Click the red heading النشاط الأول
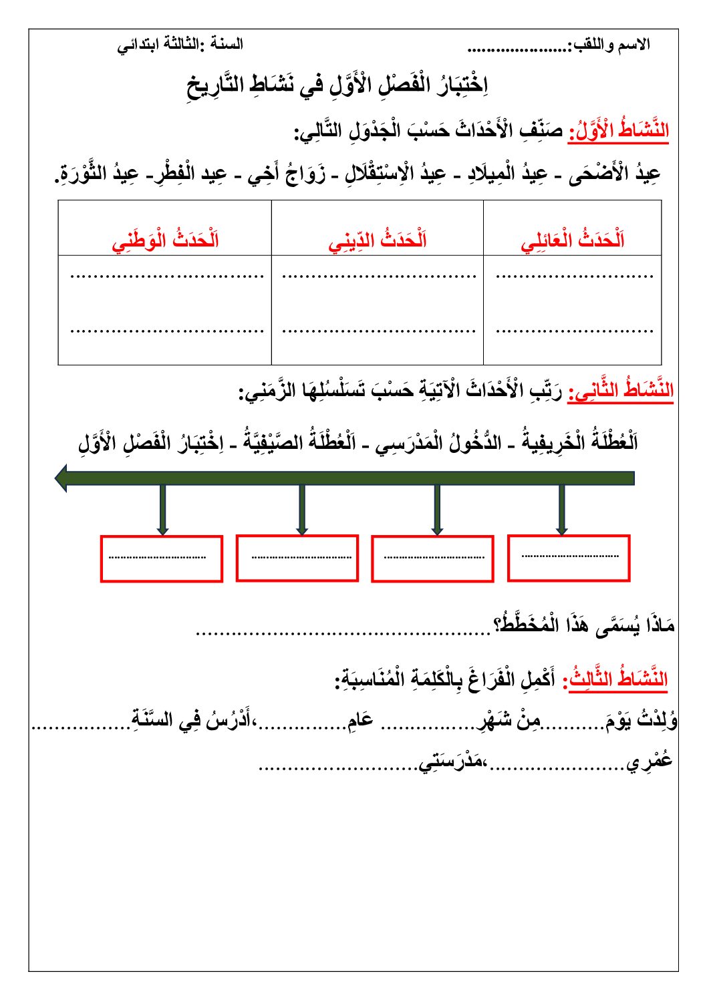click(x=618, y=130)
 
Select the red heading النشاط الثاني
click(x=621, y=391)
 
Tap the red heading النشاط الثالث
click(x=617, y=679)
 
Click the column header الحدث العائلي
click(x=573, y=240)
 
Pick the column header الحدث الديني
click(x=378, y=240)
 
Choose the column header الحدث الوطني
click(x=165, y=240)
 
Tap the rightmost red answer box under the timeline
click(x=569, y=558)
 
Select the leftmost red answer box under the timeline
click(x=161, y=558)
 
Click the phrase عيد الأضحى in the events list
click(x=615, y=174)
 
